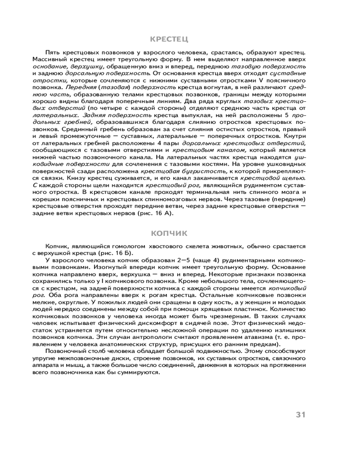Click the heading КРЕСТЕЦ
(x=169, y=40)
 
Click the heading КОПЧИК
(x=169, y=234)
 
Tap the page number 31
(x=301, y=414)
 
